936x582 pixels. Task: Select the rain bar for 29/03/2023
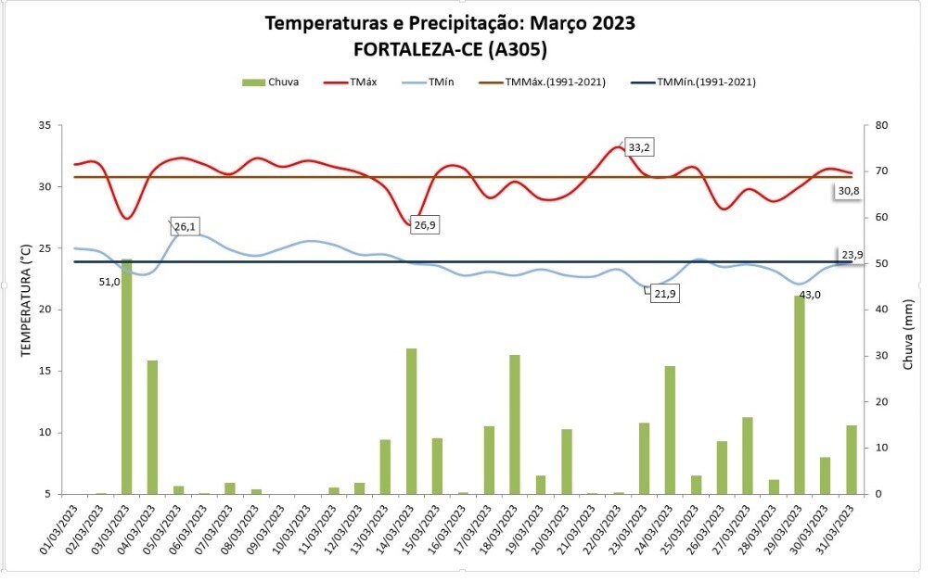799,394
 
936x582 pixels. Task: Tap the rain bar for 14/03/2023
411,421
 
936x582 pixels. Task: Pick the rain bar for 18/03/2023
514,424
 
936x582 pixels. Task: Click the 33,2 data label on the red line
639,147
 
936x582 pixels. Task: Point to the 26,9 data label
425,224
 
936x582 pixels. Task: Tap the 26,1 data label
186,226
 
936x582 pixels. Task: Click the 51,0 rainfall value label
109,282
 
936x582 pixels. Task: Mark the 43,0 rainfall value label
810,295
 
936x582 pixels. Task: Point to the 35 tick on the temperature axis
43,125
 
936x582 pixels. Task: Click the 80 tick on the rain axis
880,125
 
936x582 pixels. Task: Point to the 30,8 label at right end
849,191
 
